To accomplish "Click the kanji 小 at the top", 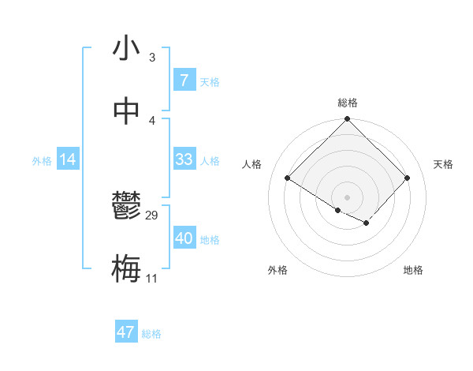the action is pyautogui.click(x=126, y=50).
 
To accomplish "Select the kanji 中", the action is pyautogui.click(x=126, y=111).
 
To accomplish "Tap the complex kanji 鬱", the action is pyautogui.click(x=126, y=208).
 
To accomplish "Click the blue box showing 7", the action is pyautogui.click(x=184, y=80).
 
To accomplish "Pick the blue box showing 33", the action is pyautogui.click(x=184, y=159).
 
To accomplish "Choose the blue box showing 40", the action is pyautogui.click(x=184, y=238).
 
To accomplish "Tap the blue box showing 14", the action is pyautogui.click(x=68, y=159).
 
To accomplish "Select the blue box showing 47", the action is pyautogui.click(x=126, y=332).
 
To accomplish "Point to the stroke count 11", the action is pyautogui.click(x=151, y=278).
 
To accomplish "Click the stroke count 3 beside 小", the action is pyautogui.click(x=151, y=58).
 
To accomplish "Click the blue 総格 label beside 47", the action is pyautogui.click(x=151, y=334).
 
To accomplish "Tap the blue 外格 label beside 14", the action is pyautogui.click(x=42, y=161).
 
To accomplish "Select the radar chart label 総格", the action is pyautogui.click(x=347, y=103).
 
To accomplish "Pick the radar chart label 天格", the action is pyautogui.click(x=443, y=164).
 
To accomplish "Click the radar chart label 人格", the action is pyautogui.click(x=252, y=164).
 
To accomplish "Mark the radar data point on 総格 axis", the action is pyautogui.click(x=347, y=120).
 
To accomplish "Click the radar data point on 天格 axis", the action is pyautogui.click(x=407, y=178).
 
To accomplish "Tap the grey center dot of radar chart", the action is pyautogui.click(x=347, y=197).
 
